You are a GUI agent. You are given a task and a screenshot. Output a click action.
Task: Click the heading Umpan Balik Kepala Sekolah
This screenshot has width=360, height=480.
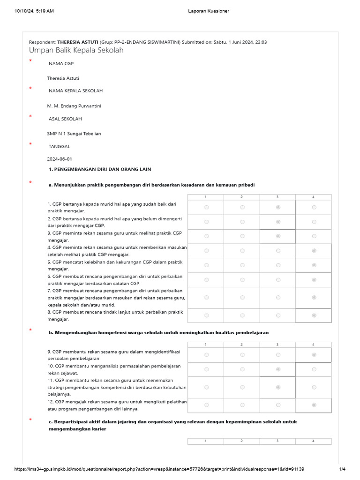pyautogui.click(x=76, y=50)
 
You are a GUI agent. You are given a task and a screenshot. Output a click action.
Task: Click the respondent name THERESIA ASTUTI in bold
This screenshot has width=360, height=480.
pyautogui.click(x=77, y=42)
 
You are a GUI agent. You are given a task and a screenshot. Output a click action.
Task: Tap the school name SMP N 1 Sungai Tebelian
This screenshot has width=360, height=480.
pyautogui.click(x=74, y=134)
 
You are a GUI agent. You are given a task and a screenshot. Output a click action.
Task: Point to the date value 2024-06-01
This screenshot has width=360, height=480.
pyautogui.click(x=60, y=159)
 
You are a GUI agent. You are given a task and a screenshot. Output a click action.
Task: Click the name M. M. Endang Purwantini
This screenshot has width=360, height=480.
pyautogui.click(x=74, y=106)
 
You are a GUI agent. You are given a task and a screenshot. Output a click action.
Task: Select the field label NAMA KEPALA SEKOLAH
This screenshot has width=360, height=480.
pyautogui.click(x=75, y=91)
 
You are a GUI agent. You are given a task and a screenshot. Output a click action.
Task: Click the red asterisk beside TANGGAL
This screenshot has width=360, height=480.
pyautogui.click(x=30, y=144)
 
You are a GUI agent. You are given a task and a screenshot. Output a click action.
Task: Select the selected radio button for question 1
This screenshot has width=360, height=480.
pyautogui.click(x=278, y=207)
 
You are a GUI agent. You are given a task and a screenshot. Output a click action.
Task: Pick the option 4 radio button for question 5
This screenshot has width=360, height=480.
pyautogui.click(x=314, y=265)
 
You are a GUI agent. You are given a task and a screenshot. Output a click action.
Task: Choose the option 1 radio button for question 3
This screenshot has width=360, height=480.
pyautogui.click(x=206, y=236)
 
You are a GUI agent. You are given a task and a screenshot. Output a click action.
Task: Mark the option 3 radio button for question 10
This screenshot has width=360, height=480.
pyautogui.click(x=278, y=369)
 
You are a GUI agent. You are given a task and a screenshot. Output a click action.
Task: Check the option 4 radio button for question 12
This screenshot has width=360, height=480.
pyautogui.click(x=314, y=405)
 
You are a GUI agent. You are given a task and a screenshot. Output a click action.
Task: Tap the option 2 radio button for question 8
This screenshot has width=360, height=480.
pyautogui.click(x=242, y=315)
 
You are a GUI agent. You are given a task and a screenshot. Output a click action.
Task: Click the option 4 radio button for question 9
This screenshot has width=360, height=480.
pyautogui.click(x=314, y=355)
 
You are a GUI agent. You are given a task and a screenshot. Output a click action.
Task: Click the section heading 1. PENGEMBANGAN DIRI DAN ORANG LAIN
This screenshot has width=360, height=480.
pyautogui.click(x=100, y=169)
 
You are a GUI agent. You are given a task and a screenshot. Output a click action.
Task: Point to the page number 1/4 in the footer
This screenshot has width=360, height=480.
pyautogui.click(x=342, y=469)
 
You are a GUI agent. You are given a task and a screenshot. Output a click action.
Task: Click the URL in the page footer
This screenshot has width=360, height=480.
pyautogui.click(x=159, y=469)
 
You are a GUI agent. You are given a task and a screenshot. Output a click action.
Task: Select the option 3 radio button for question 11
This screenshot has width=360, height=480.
pyautogui.click(x=278, y=387)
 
